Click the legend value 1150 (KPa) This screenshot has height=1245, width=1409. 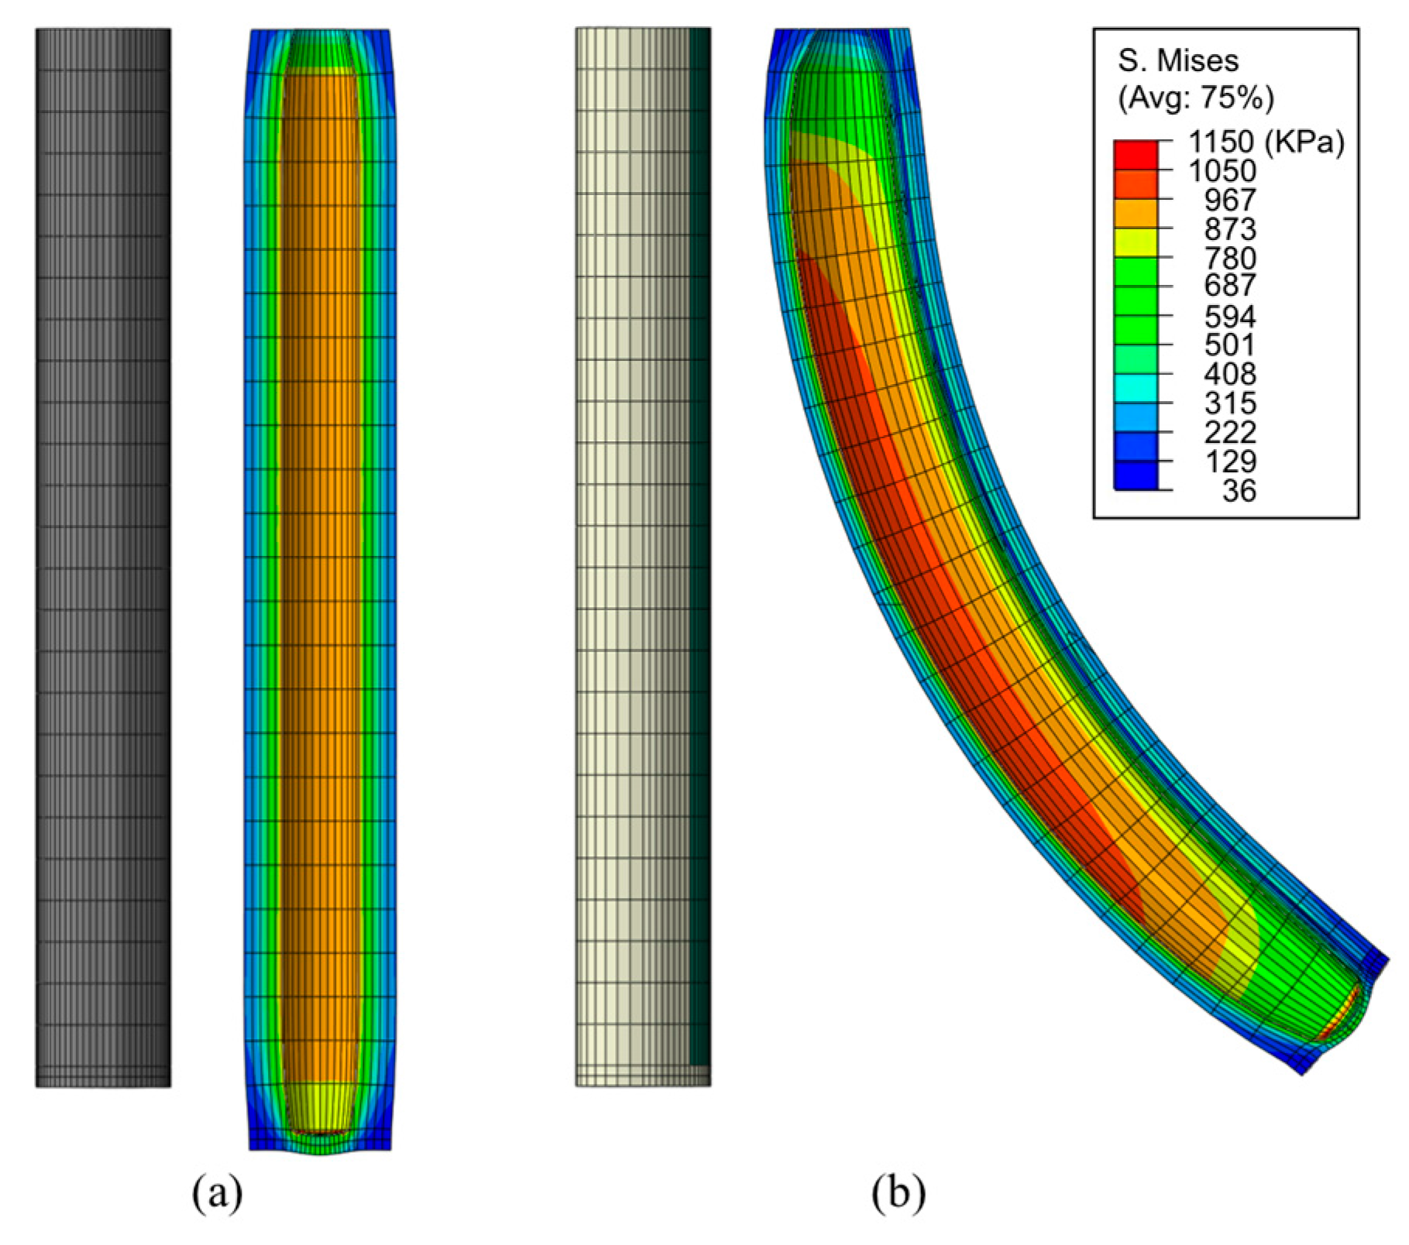pos(1266,142)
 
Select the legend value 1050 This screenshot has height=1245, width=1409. pos(1222,171)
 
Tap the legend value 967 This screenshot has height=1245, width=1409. pos(1229,200)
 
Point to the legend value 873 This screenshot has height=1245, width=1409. pos(1229,229)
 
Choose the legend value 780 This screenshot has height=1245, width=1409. pos(1229,258)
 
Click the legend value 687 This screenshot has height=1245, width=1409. pos(1229,286)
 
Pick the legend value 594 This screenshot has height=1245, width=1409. pos(1229,316)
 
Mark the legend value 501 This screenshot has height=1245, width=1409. pos(1229,345)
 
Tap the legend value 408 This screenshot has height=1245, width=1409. pos(1229,374)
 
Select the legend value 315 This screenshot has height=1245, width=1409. pos(1229,403)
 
